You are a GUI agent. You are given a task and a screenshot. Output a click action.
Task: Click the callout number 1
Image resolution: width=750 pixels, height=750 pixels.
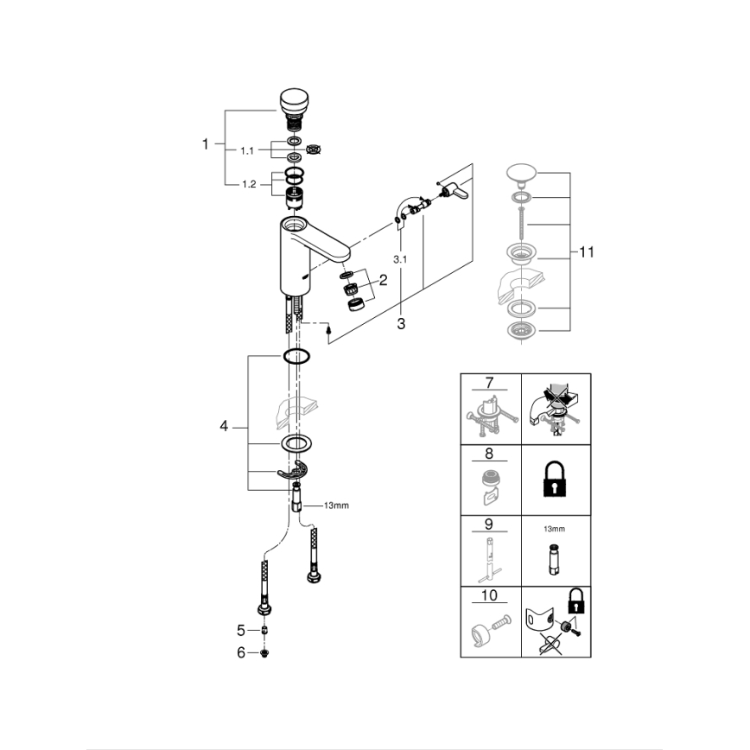(x=206, y=144)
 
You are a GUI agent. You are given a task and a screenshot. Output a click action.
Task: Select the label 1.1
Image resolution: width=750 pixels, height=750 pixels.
(x=247, y=150)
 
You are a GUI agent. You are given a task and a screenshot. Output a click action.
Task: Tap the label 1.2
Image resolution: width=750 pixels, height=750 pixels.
(x=247, y=183)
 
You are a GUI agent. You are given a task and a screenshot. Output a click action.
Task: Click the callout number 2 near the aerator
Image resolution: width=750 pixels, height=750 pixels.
(x=382, y=279)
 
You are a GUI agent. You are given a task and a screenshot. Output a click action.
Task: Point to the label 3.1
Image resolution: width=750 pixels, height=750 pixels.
(x=399, y=259)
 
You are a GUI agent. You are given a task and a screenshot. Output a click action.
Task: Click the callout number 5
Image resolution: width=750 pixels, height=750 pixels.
(x=241, y=630)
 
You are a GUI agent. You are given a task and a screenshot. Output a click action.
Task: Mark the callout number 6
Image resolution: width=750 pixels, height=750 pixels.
(x=241, y=653)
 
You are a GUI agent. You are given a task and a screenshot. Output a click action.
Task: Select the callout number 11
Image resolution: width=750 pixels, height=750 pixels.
(x=588, y=252)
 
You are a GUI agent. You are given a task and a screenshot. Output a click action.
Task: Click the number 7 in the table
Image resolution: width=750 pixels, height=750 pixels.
(x=490, y=383)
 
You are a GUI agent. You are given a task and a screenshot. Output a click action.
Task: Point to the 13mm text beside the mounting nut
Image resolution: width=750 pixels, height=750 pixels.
(x=336, y=505)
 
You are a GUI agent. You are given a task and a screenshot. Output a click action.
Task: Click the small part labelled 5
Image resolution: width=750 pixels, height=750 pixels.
(x=265, y=630)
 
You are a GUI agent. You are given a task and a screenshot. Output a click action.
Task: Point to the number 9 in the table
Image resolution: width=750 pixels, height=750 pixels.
(x=490, y=524)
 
